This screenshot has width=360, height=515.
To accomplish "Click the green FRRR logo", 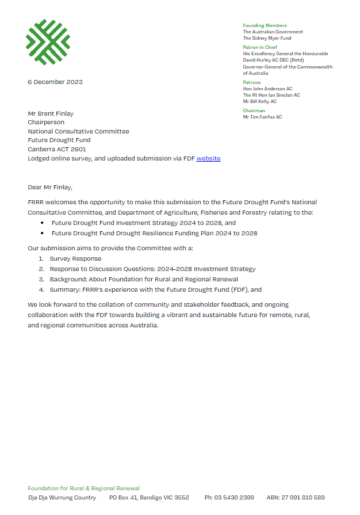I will point(48,42).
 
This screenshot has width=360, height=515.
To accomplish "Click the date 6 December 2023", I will point(55,82).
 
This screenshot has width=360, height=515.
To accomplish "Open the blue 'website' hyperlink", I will point(208,158).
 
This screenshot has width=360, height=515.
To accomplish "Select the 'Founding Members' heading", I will point(265,25).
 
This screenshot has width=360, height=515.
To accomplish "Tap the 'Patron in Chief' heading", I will point(260,47).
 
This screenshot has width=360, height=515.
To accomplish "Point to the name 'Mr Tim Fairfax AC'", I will point(262,117).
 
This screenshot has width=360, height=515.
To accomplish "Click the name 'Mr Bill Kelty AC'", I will point(259,101).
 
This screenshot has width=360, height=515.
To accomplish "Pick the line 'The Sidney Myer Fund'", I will point(267,38).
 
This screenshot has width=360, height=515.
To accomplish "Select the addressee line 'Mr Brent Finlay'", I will point(51,114).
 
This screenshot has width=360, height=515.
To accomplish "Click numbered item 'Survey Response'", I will point(75,259).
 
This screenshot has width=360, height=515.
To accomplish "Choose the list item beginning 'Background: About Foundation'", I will point(144,280).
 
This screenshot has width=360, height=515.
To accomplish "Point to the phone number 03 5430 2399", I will point(229,497).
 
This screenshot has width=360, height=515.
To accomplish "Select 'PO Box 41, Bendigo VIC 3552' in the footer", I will point(149,497).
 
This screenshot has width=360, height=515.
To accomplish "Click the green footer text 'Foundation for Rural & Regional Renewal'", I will point(84,489).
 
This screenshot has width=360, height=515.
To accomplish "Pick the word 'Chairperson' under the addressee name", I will point(46,123).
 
